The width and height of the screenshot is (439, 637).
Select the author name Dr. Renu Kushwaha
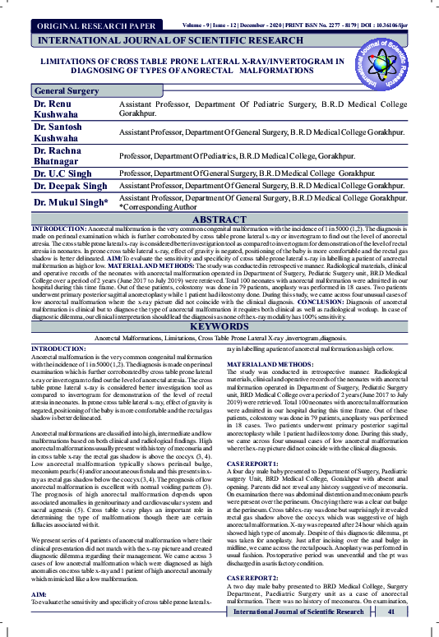(x=54, y=111)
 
